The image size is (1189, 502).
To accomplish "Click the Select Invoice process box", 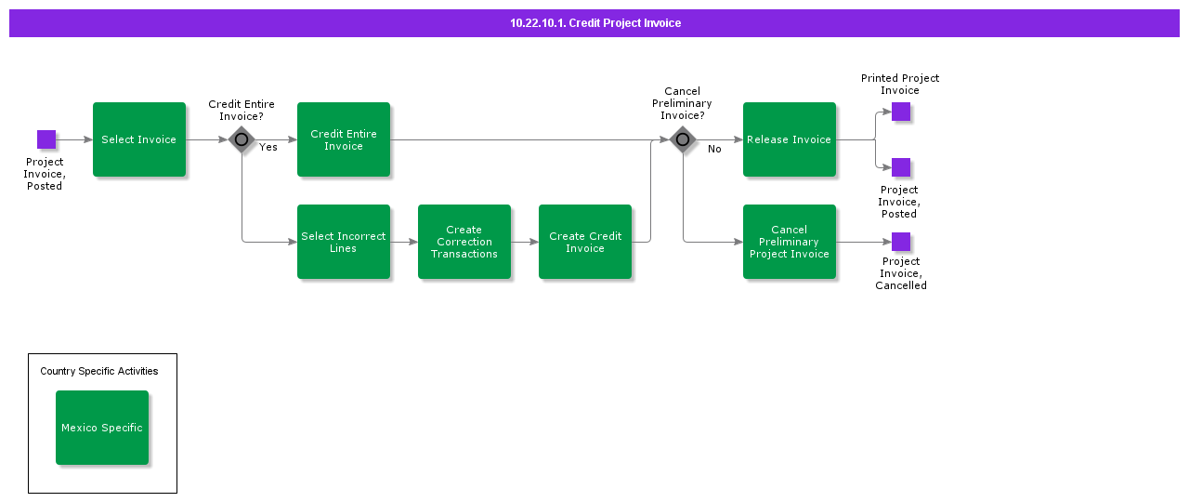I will [139, 139].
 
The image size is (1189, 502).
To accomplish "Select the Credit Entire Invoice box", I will [344, 139].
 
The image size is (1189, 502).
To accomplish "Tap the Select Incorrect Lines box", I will [344, 242].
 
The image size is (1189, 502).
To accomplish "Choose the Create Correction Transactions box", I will [464, 242].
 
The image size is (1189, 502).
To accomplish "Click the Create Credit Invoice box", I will [585, 242].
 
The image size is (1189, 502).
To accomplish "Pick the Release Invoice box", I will [790, 139].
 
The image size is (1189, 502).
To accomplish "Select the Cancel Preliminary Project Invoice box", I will [790, 242].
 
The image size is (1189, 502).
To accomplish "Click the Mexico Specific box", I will [102, 428].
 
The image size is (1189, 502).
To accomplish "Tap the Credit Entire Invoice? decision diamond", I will [242, 139].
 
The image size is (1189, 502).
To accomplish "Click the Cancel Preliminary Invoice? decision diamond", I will [683, 139].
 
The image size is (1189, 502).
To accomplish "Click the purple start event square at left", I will [46, 139].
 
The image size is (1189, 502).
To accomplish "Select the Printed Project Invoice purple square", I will [901, 112].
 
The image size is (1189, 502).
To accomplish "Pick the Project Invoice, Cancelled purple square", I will [901, 242].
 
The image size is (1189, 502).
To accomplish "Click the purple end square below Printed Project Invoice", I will [901, 167].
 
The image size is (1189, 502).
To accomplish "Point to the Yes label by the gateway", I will [268, 147].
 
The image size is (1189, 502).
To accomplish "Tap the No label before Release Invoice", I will [714, 149].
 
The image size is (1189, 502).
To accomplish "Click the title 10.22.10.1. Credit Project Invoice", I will [594, 23].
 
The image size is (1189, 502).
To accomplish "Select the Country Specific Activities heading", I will [99, 371].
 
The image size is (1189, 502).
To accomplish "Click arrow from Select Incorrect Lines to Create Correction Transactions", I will [404, 242].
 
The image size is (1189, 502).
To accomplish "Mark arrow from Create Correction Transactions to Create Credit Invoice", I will [525, 242].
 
